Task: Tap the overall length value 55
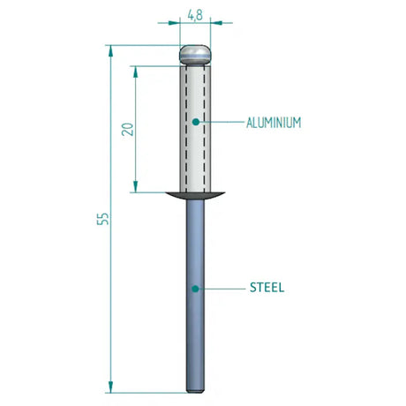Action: point(103,218)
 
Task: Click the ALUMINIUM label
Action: point(274,123)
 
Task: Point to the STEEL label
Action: point(267,288)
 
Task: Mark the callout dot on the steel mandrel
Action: point(195,288)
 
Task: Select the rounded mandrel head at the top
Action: point(195,55)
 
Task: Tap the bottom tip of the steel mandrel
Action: point(195,388)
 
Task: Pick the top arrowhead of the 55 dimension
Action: point(111,51)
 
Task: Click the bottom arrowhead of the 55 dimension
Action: point(111,386)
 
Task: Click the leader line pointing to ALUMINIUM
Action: point(221,122)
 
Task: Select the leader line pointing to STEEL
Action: point(221,288)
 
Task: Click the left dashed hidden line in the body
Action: point(186,132)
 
